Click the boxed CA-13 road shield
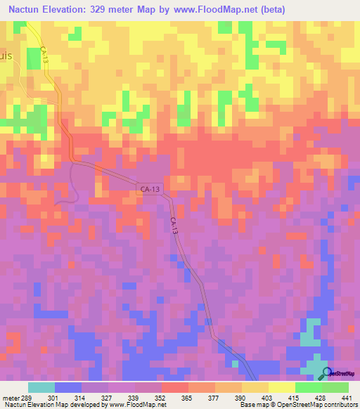[x=149, y=188]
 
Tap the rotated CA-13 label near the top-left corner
[x=45, y=57]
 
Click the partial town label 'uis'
[x=6, y=59]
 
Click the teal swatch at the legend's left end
[x=41, y=387]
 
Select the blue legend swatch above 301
[x=68, y=387]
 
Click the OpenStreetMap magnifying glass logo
[x=326, y=373]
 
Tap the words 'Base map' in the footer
[x=255, y=405]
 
